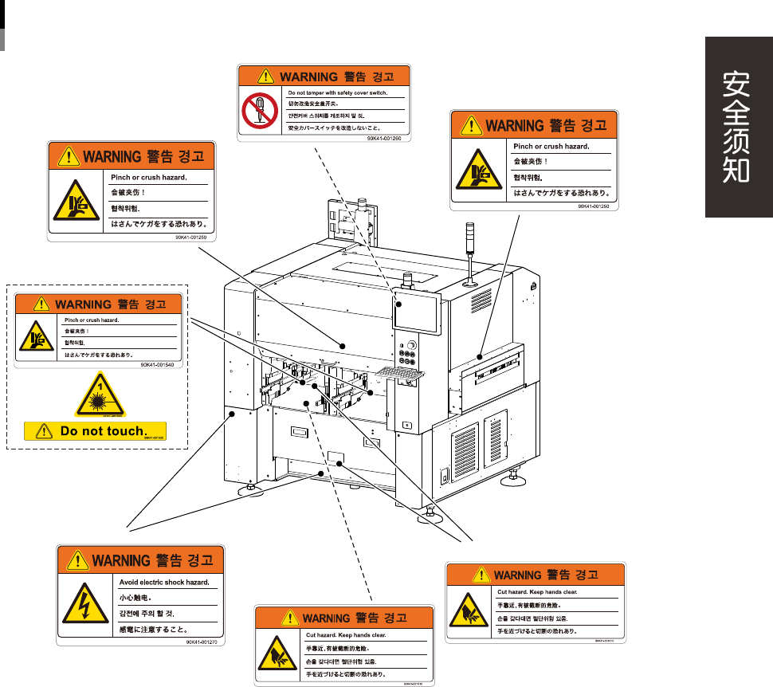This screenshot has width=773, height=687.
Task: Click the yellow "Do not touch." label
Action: tap(96, 431)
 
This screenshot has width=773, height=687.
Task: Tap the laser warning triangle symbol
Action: tap(100, 396)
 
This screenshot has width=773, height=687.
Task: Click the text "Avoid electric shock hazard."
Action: tap(164, 583)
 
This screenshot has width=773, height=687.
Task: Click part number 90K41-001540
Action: tap(157, 364)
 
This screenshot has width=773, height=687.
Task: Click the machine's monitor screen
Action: tap(417, 313)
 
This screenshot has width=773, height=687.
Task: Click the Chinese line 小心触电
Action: tap(136, 597)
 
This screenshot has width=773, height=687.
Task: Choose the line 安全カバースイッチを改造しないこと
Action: tap(335, 128)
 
